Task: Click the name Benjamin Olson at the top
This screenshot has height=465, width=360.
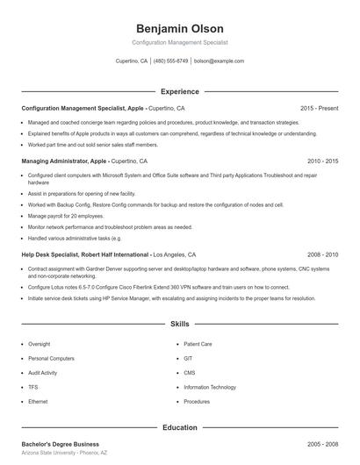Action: point(179,29)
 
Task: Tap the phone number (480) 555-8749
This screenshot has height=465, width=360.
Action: point(170,61)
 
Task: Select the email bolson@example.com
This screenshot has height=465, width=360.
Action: point(219,61)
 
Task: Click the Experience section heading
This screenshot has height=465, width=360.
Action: point(179,91)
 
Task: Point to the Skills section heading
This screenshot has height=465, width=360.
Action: point(179,324)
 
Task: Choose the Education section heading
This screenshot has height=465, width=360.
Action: point(179,427)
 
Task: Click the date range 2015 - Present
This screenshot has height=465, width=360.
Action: point(319,108)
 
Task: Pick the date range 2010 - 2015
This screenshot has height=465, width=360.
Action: point(322,161)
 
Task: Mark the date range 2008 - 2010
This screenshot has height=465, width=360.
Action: point(322,254)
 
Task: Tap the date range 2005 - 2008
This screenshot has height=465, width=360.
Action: point(322,444)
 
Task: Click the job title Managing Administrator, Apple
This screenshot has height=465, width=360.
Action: point(66,161)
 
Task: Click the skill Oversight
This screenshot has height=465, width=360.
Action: point(39,345)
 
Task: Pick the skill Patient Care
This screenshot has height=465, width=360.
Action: point(198,345)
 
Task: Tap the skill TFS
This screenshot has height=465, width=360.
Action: point(32,387)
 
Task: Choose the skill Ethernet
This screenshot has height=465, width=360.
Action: point(38,401)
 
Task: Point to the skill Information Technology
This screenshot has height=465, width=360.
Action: point(210,387)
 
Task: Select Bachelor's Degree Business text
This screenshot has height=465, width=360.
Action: point(60,444)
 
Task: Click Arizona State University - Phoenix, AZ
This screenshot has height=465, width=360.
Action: point(64,453)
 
